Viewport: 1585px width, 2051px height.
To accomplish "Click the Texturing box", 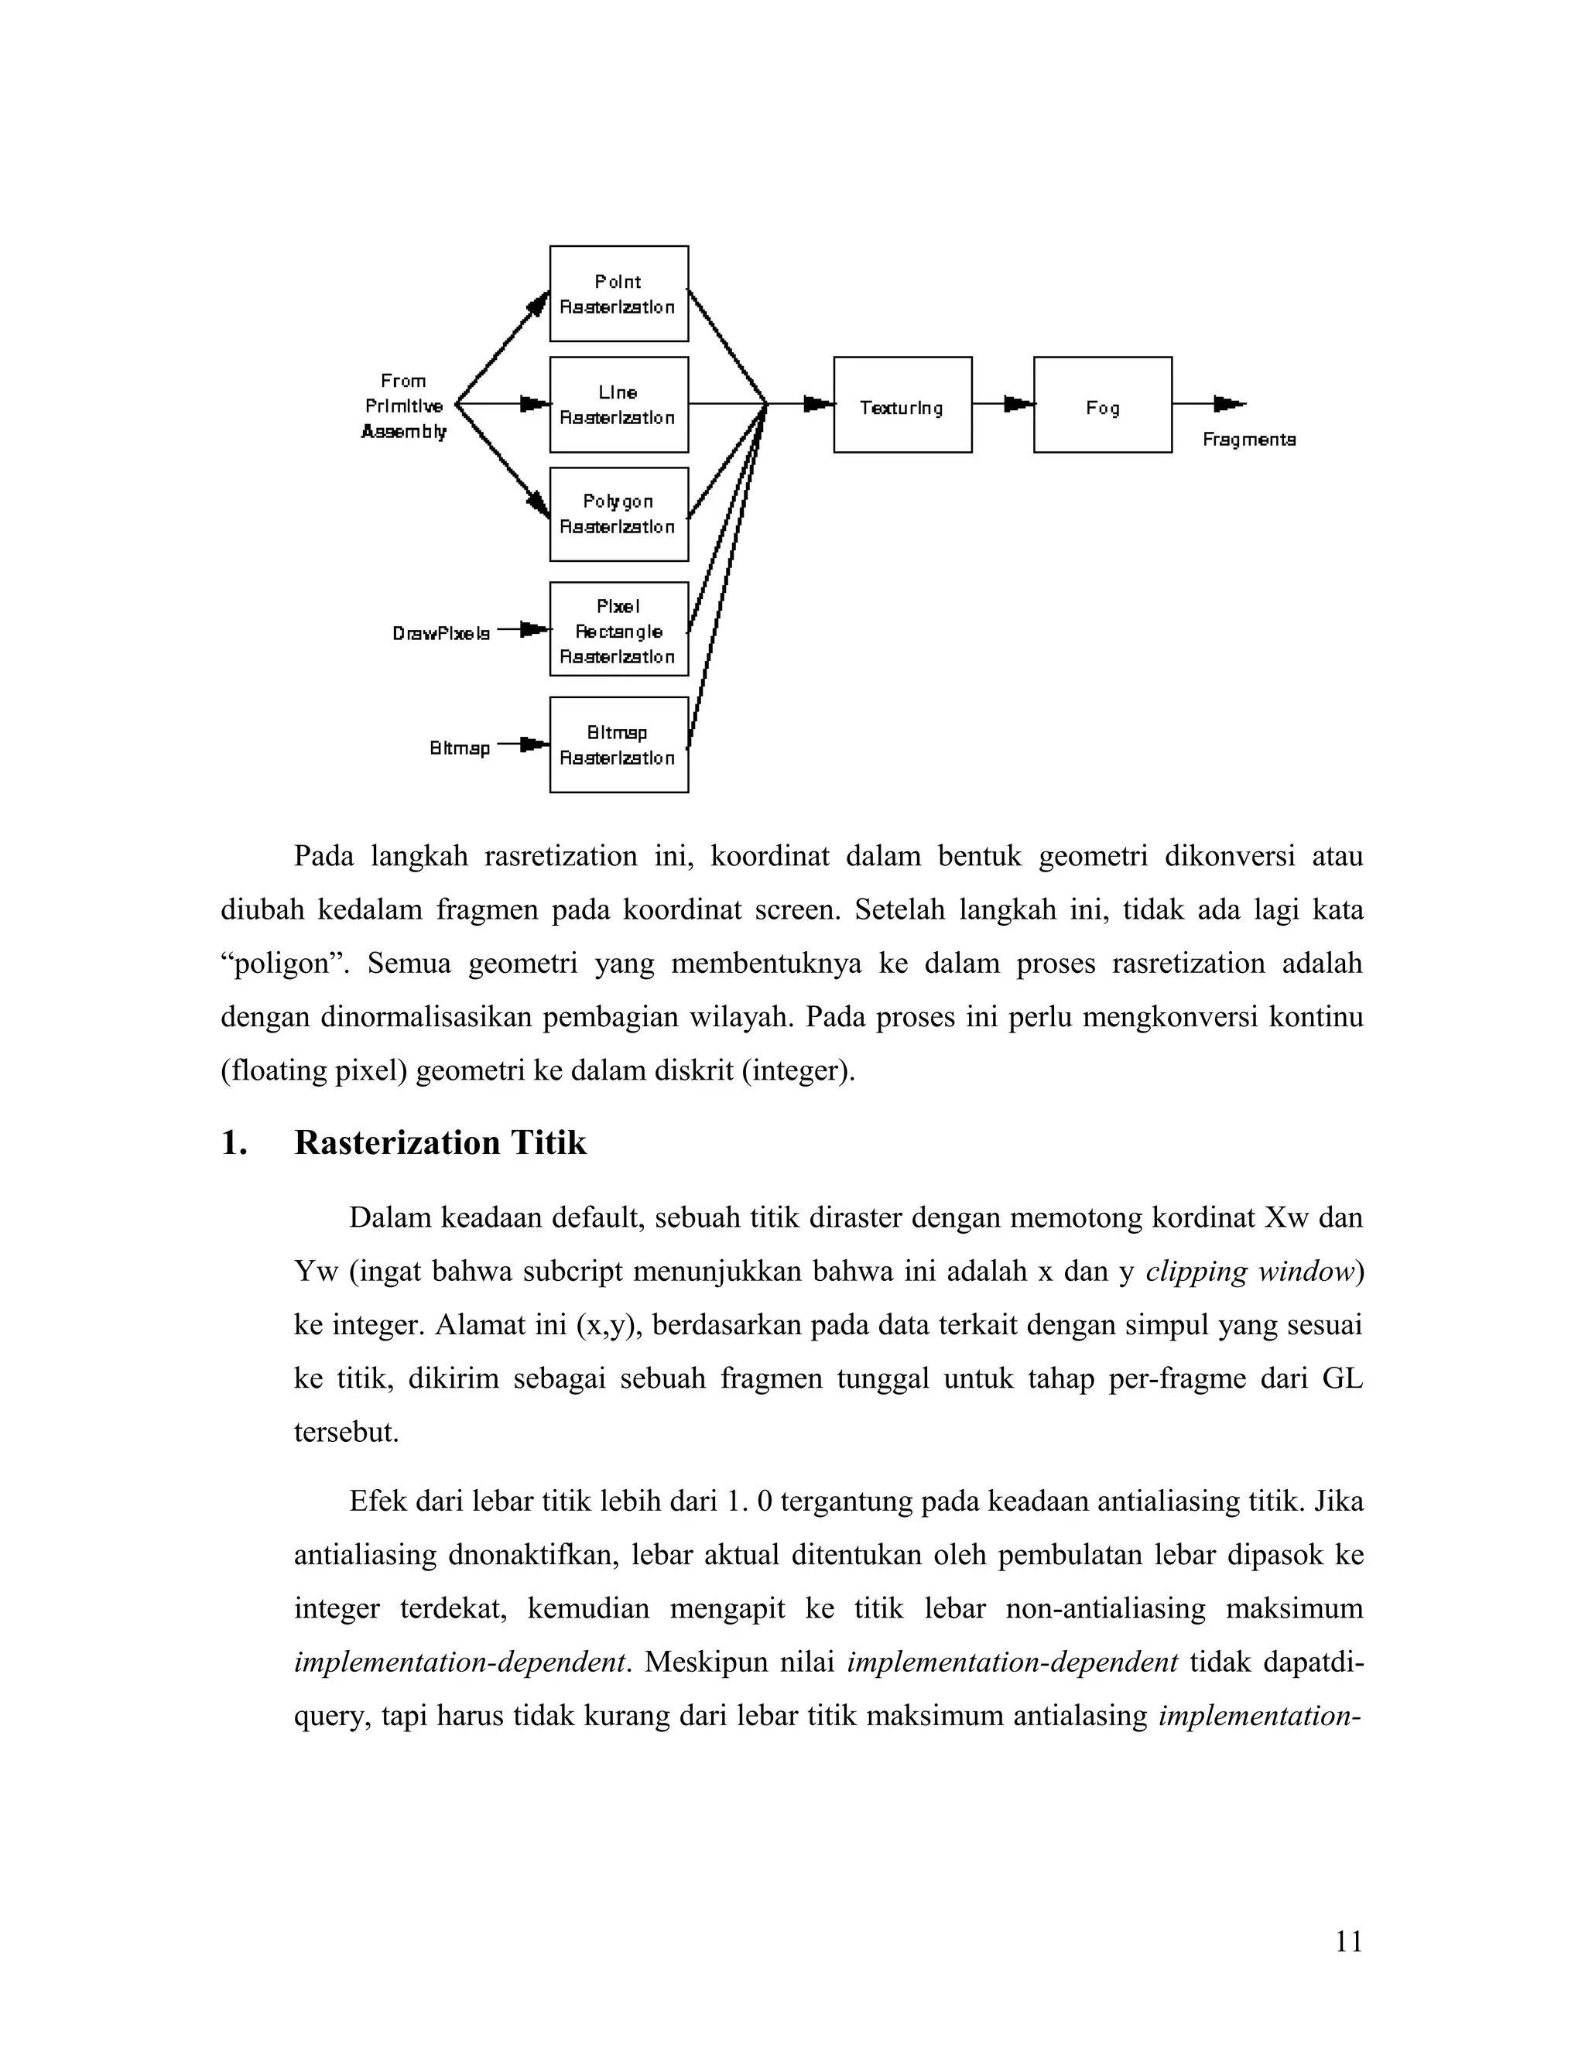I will (x=902, y=405).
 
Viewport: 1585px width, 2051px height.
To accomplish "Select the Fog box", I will (x=1101, y=405).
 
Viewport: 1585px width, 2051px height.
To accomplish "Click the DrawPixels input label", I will (x=440, y=634).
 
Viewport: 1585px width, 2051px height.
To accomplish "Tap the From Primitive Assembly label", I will (x=404, y=406).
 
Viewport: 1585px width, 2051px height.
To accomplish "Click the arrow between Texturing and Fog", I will (x=1004, y=404).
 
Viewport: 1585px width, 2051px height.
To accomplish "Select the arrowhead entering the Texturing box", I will (x=818, y=404).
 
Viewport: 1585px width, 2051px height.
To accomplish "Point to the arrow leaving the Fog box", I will (x=1210, y=404).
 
